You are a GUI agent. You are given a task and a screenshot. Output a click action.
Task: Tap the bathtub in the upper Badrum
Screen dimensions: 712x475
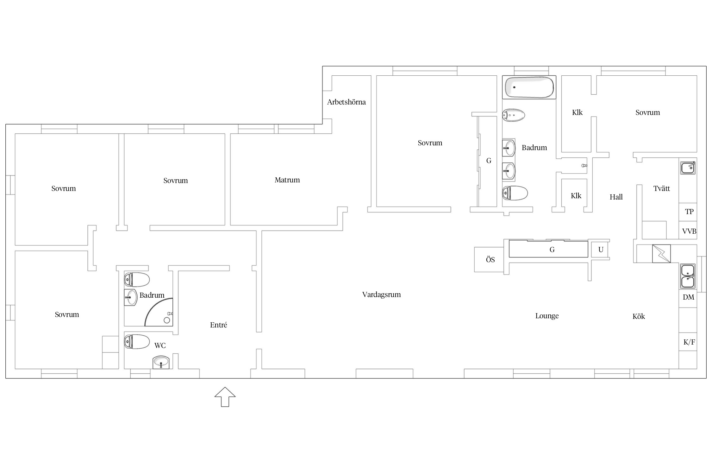point(529,87)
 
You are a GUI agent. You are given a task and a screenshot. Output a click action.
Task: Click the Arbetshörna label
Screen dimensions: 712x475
point(346,102)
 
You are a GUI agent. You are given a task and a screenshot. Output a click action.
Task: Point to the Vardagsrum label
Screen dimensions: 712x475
point(381,294)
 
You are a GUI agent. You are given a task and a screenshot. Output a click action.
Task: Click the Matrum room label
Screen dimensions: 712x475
point(287,180)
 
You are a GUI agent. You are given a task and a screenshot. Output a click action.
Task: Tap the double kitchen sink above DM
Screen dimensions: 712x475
point(688,276)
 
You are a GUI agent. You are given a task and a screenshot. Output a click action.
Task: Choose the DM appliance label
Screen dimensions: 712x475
point(688,297)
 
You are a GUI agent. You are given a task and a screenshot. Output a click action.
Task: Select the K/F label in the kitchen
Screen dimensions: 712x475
point(689,342)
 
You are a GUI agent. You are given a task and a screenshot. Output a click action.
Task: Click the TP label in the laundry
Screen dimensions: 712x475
point(689,212)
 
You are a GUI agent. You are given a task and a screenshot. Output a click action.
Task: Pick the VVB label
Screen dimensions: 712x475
point(689,231)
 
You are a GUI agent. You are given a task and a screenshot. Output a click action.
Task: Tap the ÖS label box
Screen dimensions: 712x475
point(490,260)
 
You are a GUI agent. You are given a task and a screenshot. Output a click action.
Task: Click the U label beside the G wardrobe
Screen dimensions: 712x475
point(601,250)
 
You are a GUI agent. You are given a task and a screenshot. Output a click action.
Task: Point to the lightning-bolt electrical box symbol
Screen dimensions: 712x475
point(661,254)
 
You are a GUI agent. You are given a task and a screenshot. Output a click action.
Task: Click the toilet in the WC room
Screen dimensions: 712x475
point(137,342)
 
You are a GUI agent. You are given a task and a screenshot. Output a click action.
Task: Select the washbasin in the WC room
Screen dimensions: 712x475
point(161,362)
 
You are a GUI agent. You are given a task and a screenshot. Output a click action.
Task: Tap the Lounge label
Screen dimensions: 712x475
point(547,316)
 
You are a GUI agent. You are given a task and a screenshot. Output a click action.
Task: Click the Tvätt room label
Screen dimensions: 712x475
point(662,188)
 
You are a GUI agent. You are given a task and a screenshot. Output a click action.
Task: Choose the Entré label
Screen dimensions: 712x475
point(218,325)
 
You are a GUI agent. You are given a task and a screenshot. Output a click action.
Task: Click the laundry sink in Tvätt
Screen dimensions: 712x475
point(688,168)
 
